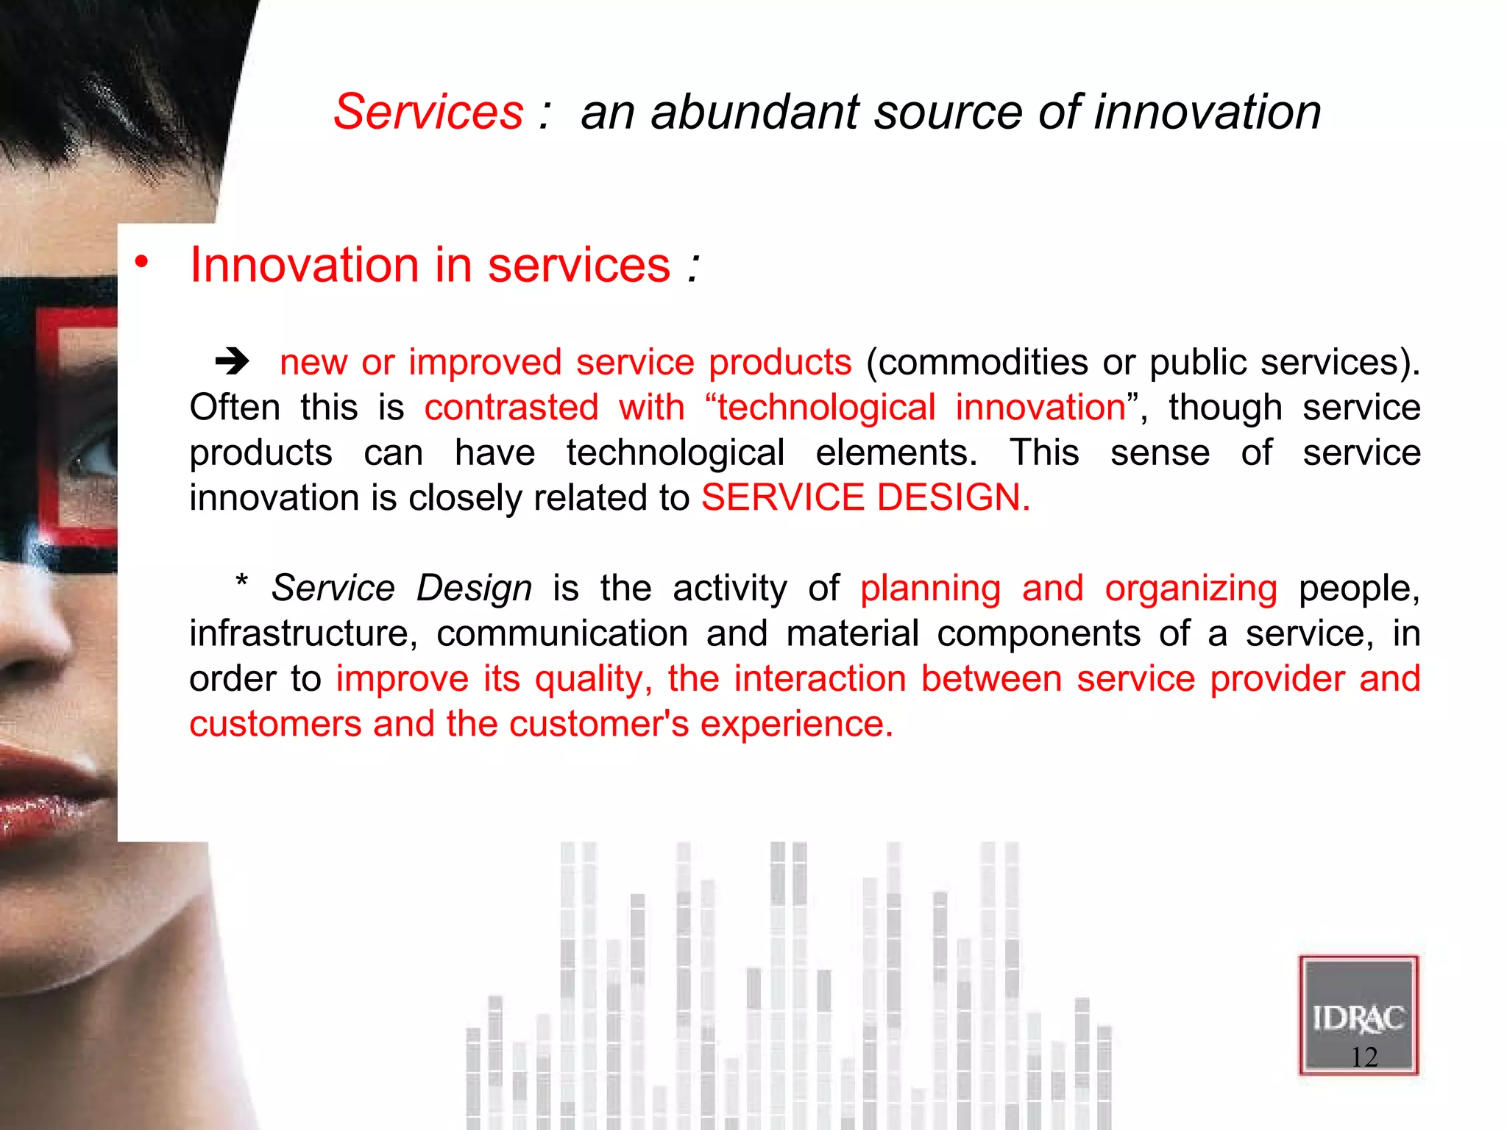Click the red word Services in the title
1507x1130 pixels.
click(428, 113)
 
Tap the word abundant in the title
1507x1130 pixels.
click(755, 113)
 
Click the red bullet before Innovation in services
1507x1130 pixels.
click(141, 262)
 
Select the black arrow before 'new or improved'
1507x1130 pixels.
click(233, 361)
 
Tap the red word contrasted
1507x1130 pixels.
click(511, 408)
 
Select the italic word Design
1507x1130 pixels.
click(474, 589)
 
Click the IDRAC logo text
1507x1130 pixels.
click(1358, 1019)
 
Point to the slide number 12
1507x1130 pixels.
click(1364, 1057)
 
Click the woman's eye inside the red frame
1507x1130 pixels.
click(92, 460)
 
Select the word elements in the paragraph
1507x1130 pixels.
click(896, 453)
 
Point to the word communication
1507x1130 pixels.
click(562, 634)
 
